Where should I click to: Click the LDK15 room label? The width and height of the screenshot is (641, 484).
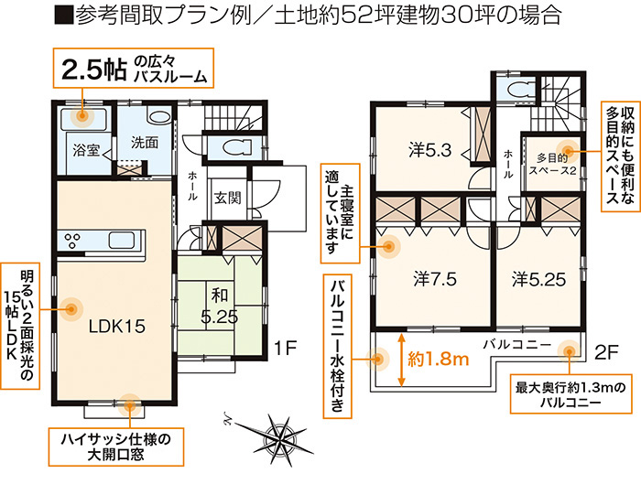pyautogui.click(x=117, y=327)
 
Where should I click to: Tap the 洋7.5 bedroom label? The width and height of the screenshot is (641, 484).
pyautogui.click(x=435, y=280)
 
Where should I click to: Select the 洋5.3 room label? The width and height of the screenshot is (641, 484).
pyautogui.click(x=430, y=150)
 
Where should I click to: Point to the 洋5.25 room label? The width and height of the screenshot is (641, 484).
pyautogui.click(x=538, y=280)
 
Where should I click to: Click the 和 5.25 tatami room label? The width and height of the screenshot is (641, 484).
pyautogui.click(x=219, y=306)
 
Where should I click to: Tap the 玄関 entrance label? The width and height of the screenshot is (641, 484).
pyautogui.click(x=228, y=199)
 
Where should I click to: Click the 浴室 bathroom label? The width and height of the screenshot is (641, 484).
pyautogui.click(x=86, y=150)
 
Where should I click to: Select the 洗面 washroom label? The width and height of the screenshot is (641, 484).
pyautogui.click(x=145, y=143)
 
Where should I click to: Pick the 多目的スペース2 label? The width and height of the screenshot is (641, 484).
pyautogui.click(x=552, y=164)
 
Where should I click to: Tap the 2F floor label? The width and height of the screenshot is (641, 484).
pyautogui.click(x=606, y=352)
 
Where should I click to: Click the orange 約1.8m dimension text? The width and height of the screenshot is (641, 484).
pyautogui.click(x=439, y=359)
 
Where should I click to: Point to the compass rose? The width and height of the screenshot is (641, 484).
pyautogui.click(x=278, y=435)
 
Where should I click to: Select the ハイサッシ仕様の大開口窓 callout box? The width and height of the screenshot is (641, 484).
pyautogui.click(x=116, y=446)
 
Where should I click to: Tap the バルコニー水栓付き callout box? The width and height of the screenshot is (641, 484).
pyautogui.click(x=337, y=347)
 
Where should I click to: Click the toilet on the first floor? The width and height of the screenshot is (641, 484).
pyautogui.click(x=236, y=146)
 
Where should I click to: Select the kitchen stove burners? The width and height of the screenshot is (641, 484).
pyautogui.click(x=73, y=241)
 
